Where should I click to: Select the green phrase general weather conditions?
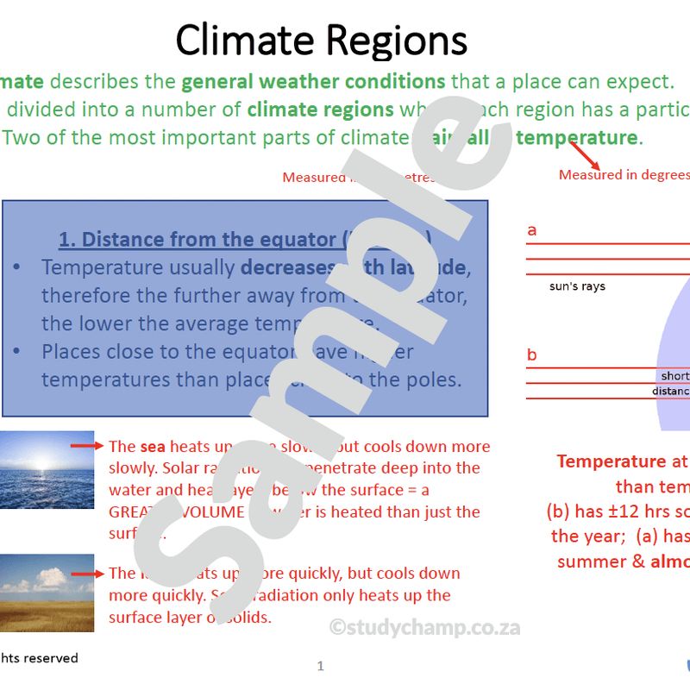pos(313,82)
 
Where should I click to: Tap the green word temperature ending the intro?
pos(576,137)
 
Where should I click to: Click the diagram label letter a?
pos(531,230)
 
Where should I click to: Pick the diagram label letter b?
pos(531,354)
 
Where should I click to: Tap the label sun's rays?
pos(577,285)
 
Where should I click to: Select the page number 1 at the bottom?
pos(321,666)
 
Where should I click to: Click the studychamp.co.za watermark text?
pos(424,627)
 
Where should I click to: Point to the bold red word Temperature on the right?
pos(612,461)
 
